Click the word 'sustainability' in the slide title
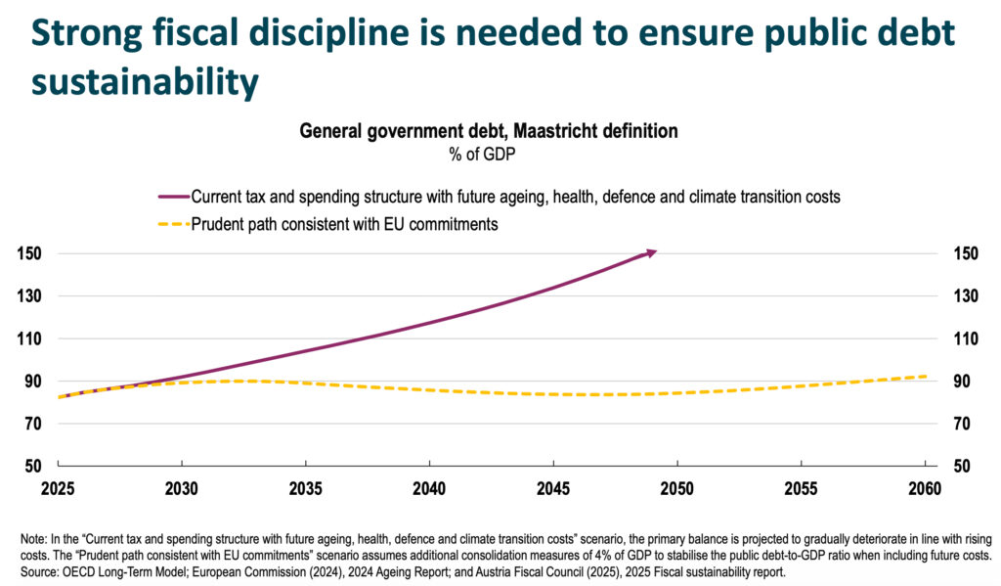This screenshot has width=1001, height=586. (x=144, y=81)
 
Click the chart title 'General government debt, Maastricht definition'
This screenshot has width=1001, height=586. (x=488, y=130)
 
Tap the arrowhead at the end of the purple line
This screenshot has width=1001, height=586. (x=650, y=252)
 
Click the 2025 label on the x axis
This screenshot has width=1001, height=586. (x=59, y=488)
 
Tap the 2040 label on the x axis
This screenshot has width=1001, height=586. (x=429, y=488)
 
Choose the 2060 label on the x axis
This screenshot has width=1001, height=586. (x=924, y=488)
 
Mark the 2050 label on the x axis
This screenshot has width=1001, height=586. (x=676, y=488)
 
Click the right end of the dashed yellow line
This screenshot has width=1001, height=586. (x=925, y=376)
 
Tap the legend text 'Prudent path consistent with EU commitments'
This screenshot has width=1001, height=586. (x=345, y=224)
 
